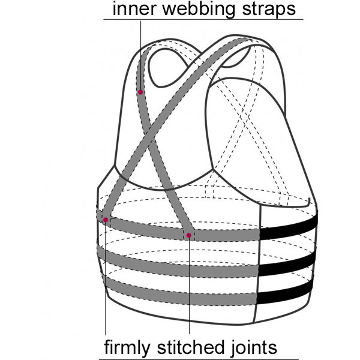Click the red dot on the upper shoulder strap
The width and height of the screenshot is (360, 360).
point(140,92)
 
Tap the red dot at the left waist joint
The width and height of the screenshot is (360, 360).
point(106,220)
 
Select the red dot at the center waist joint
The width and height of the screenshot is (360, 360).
point(189,235)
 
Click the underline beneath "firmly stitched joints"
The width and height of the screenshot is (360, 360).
point(192,358)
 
